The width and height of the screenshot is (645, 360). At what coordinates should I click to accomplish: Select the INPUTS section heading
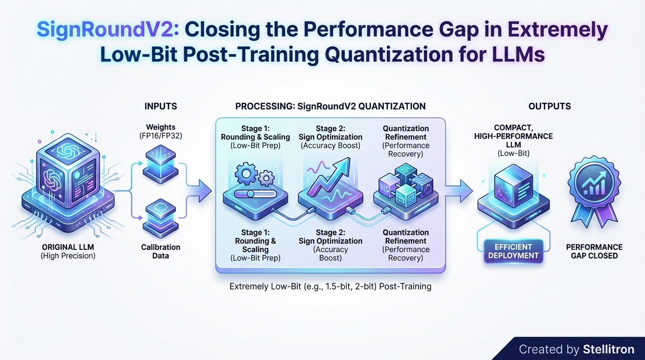tap(161, 106)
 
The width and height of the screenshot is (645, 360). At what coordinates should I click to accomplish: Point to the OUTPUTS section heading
tap(549, 106)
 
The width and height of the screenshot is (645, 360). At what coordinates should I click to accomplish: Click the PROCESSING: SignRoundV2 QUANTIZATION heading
tap(330, 106)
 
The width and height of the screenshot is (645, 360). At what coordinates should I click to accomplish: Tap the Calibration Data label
tap(161, 252)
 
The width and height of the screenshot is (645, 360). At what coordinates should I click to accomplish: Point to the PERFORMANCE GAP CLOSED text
tap(594, 251)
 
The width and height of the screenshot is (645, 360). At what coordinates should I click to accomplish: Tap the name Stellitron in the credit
tap(608, 349)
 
